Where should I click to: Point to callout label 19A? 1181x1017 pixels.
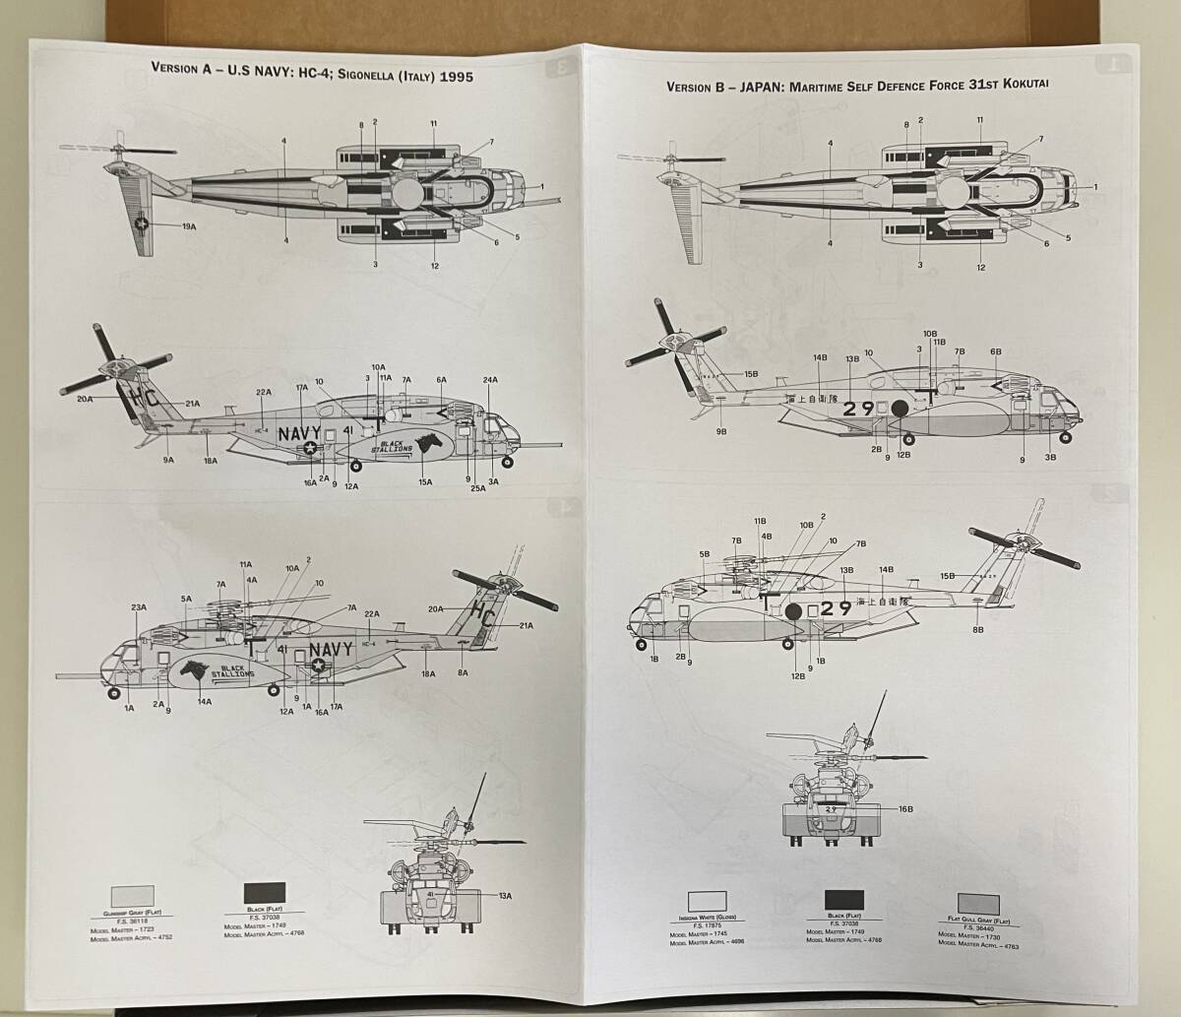pos(189,226)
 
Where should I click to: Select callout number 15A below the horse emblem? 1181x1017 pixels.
pos(425,481)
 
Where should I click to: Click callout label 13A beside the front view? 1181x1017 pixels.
pos(505,895)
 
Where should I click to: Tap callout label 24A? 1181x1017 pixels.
pos(490,379)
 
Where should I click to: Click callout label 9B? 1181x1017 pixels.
pos(721,432)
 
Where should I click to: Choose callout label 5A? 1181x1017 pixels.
pos(185,598)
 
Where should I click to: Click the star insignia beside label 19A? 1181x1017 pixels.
pos(144,225)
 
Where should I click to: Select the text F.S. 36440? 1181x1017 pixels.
pos(978,927)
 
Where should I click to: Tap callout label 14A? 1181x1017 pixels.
pos(206,702)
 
